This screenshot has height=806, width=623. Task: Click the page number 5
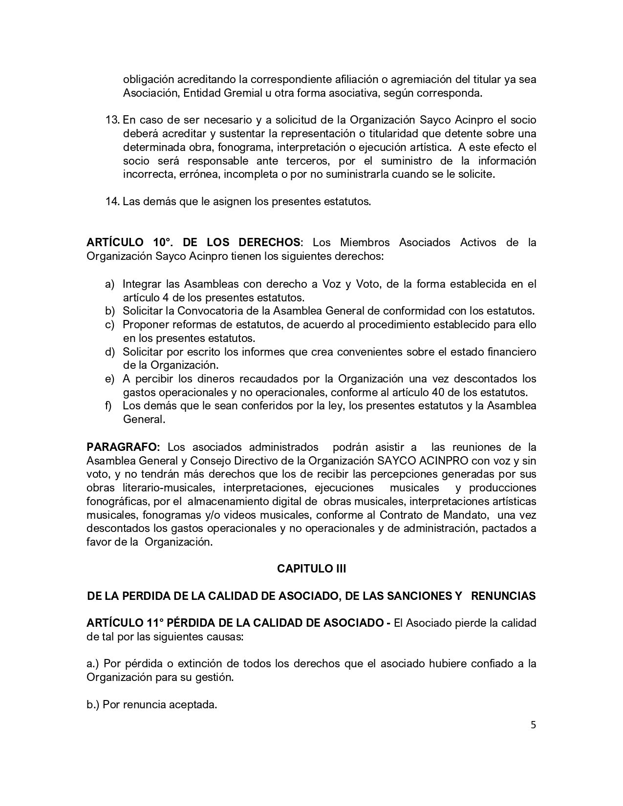(533, 725)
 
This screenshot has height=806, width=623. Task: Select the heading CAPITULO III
(311, 569)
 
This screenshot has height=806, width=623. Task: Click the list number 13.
(112, 120)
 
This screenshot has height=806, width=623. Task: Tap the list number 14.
(112, 201)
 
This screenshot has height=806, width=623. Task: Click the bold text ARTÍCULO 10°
(130, 242)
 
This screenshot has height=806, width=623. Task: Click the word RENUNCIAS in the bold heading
(504, 596)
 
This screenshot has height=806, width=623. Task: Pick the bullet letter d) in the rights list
(110, 352)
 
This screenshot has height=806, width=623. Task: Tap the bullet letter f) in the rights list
(108, 405)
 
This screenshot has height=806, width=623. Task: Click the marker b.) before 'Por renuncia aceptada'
(93, 705)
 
